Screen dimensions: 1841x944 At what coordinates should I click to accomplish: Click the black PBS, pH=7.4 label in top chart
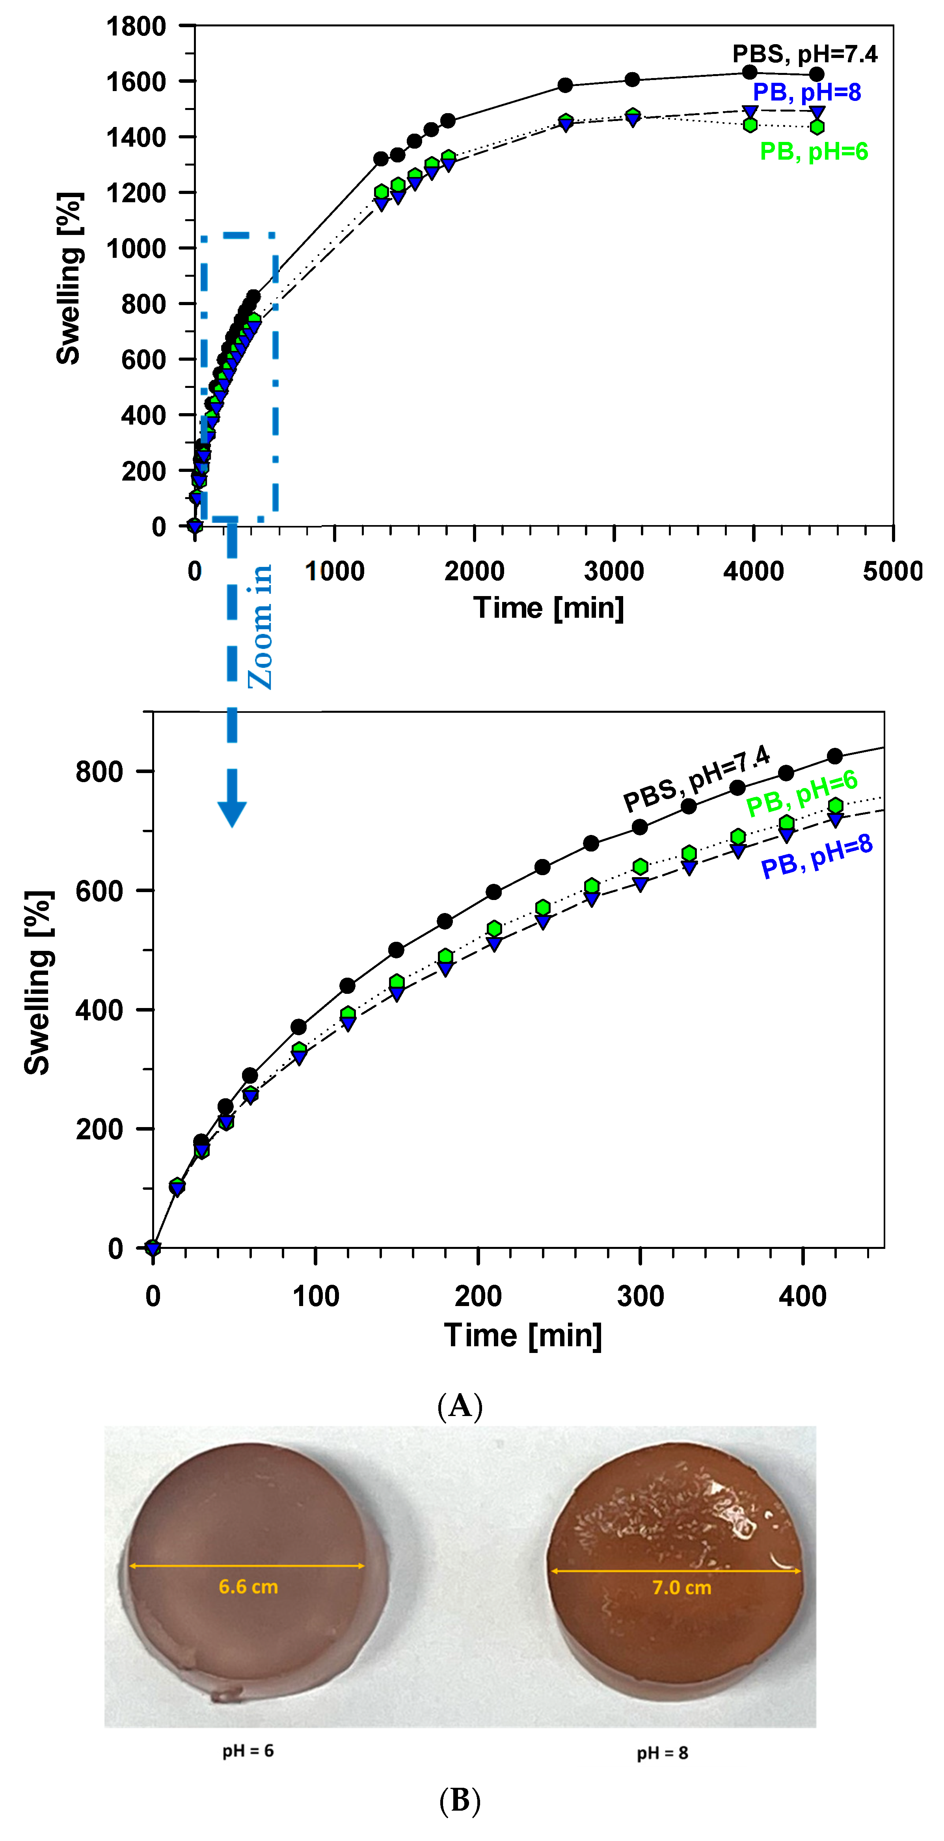804,54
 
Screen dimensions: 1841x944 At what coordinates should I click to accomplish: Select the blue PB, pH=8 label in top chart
807,92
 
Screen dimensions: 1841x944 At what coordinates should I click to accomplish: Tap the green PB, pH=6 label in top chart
814,151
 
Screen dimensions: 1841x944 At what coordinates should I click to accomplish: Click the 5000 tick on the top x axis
892,571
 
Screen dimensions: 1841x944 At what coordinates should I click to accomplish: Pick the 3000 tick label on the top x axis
614,571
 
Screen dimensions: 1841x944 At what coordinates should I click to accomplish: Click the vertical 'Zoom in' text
260,627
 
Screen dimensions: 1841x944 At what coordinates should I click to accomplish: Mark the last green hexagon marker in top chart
817,127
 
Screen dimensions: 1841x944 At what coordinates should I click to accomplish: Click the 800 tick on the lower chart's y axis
99,772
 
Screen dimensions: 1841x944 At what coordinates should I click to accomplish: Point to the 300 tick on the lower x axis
640,1296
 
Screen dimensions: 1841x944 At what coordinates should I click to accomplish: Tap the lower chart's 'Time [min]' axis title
523,1335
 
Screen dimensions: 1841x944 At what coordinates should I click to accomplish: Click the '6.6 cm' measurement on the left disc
248,1587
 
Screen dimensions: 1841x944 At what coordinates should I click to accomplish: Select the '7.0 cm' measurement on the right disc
682,1588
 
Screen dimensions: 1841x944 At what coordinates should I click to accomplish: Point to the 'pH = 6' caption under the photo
248,1750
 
